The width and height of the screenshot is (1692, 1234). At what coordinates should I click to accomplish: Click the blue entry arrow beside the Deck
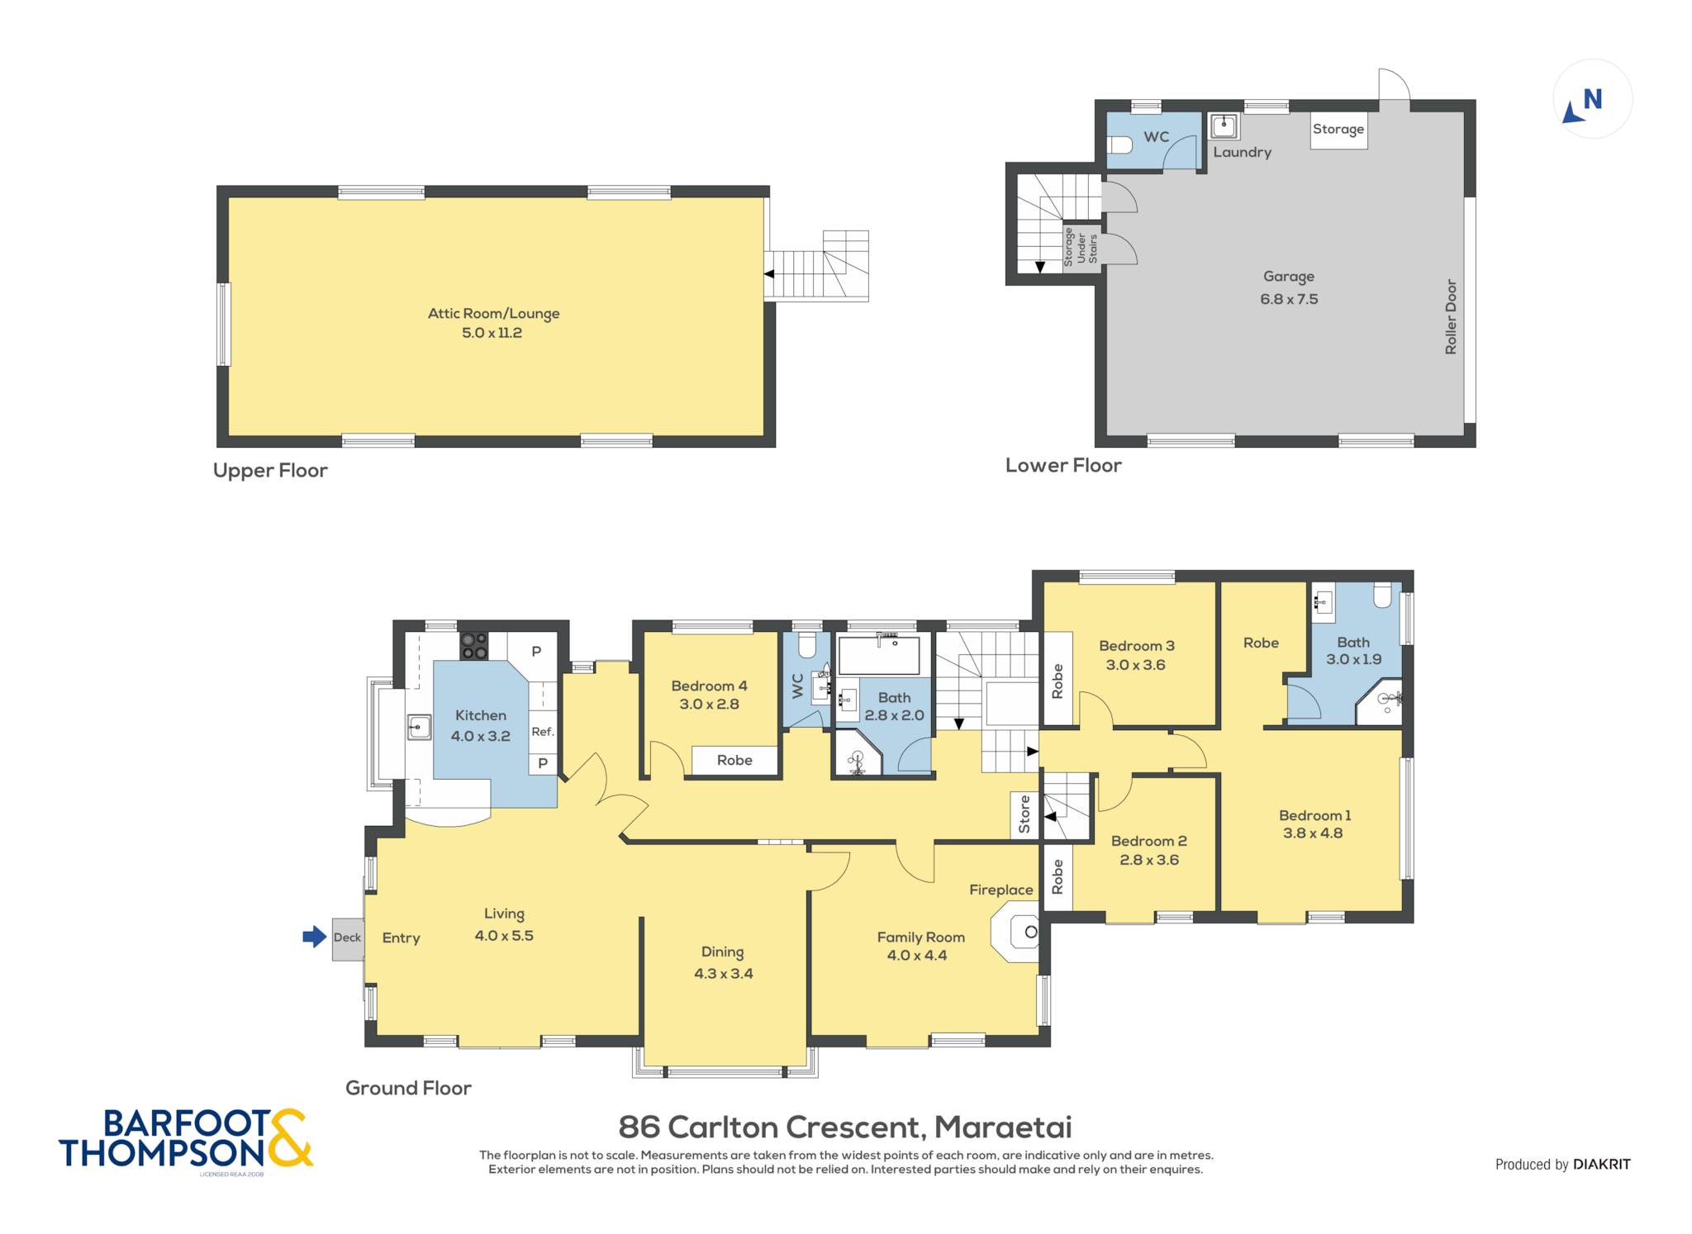315,937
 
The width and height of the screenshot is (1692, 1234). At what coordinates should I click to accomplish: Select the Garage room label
1289,277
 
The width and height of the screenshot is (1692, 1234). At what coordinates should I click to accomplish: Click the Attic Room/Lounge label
493,314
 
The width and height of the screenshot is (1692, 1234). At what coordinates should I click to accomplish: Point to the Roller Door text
1451,317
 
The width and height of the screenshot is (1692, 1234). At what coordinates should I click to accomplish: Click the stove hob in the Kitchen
473,646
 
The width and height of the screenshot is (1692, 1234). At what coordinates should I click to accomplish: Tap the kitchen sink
419,728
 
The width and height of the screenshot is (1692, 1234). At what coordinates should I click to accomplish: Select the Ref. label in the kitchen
543,732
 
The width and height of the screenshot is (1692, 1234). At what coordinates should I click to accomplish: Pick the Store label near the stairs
1024,814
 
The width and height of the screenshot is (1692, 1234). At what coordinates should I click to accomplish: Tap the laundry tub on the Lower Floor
1224,126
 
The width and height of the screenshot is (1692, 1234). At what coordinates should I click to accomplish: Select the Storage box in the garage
1338,131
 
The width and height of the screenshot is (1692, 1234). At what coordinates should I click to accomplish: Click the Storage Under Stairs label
1081,246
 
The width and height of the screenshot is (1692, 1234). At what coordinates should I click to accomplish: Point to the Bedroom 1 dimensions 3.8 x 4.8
1313,833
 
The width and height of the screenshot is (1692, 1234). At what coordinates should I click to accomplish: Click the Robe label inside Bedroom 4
734,761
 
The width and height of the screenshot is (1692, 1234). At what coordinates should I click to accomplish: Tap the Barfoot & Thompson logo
186,1139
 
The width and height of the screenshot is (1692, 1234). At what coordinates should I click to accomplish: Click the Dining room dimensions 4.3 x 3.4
724,974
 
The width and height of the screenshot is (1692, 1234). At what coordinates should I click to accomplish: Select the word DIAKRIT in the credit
1602,1165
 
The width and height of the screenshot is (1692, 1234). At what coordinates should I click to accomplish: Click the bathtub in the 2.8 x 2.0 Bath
879,655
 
